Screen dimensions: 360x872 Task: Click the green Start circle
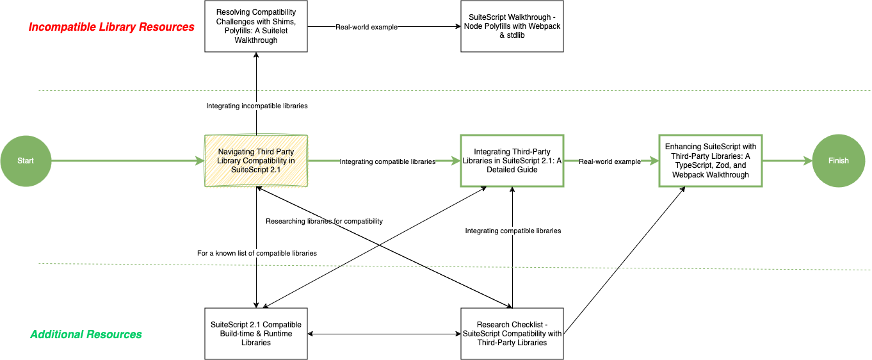coord(26,161)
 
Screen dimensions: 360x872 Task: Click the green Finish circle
coord(838,161)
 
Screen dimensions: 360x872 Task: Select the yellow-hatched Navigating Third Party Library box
coord(256,161)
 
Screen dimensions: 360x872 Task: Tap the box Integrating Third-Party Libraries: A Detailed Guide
coord(512,161)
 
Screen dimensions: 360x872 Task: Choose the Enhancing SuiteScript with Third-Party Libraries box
coord(710,161)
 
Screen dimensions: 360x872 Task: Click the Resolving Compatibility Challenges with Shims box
coord(256,26)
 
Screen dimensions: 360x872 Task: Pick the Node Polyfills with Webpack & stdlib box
coord(512,26)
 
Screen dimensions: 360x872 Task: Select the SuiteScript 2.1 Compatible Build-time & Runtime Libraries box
coord(256,334)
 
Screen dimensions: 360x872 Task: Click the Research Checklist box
coord(512,334)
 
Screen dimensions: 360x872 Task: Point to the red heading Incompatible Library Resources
coord(111,27)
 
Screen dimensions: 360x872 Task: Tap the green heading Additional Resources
coord(86,334)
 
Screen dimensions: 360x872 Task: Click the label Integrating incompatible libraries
coord(257,106)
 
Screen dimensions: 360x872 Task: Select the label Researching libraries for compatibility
coord(324,221)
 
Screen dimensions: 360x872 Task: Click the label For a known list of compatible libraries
coord(257,253)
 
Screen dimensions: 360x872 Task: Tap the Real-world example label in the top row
coord(366,27)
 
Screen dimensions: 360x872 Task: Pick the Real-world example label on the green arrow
coord(610,161)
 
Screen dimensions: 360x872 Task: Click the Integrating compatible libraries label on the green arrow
coord(387,161)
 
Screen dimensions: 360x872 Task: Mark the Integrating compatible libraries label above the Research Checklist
coord(513,231)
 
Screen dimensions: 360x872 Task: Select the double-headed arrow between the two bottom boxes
coord(384,334)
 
